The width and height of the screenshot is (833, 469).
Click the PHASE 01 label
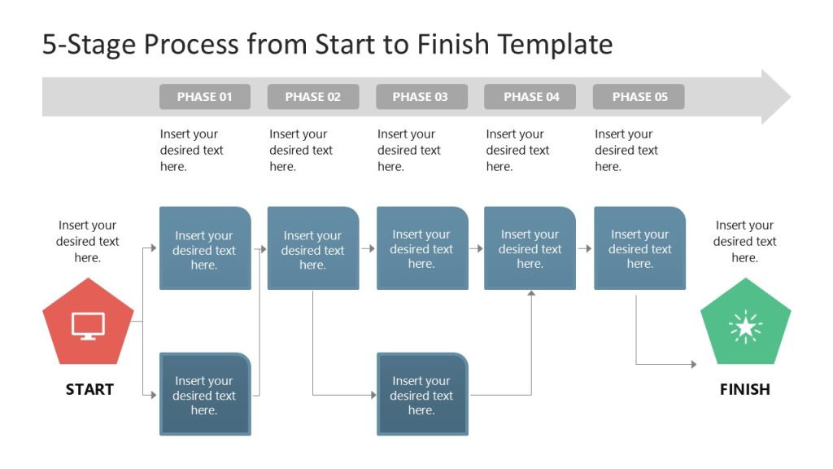point(204,97)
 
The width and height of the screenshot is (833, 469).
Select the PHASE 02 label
point(312,97)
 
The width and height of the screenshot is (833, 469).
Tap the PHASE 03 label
point(421,97)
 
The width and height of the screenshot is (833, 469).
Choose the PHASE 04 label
point(530,97)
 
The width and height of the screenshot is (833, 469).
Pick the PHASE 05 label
point(639,97)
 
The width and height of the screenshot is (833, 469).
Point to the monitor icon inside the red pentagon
point(88,326)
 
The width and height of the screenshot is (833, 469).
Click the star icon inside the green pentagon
point(745,327)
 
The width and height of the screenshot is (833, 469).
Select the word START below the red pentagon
point(89,389)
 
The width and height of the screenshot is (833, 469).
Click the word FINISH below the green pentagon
point(744,389)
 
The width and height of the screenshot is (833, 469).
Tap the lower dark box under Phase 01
point(204,395)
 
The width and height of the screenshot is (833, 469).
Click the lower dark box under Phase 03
point(421,395)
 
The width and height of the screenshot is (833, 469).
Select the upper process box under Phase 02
point(312,249)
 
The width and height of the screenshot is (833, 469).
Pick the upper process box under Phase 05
point(639,248)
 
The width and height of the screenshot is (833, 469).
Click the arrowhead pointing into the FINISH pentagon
point(693,364)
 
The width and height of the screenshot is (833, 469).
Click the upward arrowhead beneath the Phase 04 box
point(530,294)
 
